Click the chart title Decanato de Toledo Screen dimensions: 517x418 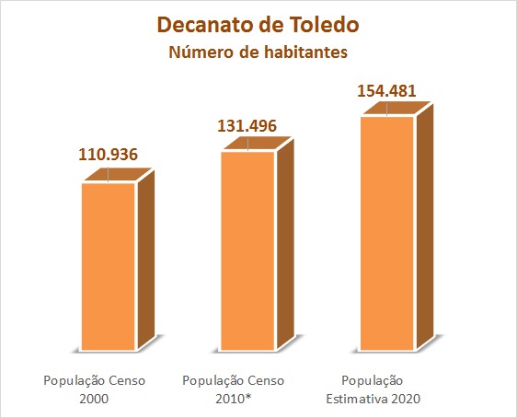click(x=258, y=25)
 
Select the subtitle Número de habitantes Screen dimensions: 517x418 click(x=258, y=52)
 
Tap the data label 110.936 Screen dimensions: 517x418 click(x=108, y=155)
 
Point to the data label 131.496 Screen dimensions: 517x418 click(x=247, y=126)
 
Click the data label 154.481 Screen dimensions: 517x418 click(x=386, y=91)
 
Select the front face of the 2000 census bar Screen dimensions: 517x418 click(x=109, y=266)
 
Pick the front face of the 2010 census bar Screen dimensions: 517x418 click(x=247, y=250)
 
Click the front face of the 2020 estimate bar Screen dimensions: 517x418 click(x=386, y=233)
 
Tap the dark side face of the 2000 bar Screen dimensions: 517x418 click(x=146, y=260)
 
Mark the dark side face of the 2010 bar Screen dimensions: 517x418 click(x=285, y=244)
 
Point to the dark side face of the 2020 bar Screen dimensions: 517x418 click(x=425, y=226)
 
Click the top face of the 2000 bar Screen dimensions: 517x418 click(x=118, y=174)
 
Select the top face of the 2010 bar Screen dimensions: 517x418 click(x=258, y=144)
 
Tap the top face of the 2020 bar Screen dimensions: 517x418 click(x=396, y=109)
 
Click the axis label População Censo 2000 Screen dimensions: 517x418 click(x=95, y=389)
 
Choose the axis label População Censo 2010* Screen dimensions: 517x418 click(x=234, y=389)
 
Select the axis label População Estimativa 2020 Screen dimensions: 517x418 click(x=373, y=389)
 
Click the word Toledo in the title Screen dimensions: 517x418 click(x=325, y=25)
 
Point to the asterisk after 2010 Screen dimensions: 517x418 click(x=248, y=396)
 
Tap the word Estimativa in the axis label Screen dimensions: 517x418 click(x=357, y=399)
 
